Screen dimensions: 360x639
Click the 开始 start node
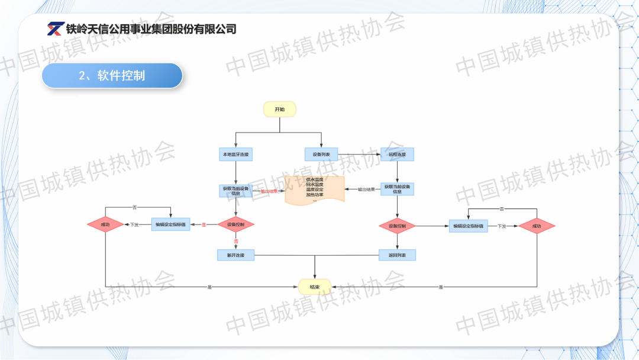279,109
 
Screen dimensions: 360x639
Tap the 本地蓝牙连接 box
235,155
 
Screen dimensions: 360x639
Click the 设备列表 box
321,155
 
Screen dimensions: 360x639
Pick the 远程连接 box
397,155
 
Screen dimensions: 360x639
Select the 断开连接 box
235,255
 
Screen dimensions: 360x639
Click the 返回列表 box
397,255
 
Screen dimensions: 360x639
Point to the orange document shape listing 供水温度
315,189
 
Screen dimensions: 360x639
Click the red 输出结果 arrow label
269,191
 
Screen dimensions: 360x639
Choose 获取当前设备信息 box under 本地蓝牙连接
235,190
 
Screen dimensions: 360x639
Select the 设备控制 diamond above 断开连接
235,225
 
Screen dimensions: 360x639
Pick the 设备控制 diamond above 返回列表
397,226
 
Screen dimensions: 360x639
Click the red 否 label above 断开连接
235,242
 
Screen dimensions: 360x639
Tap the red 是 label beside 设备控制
204,225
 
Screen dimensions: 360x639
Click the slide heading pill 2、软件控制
112,76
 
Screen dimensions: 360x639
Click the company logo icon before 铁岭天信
56,28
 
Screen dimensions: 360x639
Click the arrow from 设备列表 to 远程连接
359,155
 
